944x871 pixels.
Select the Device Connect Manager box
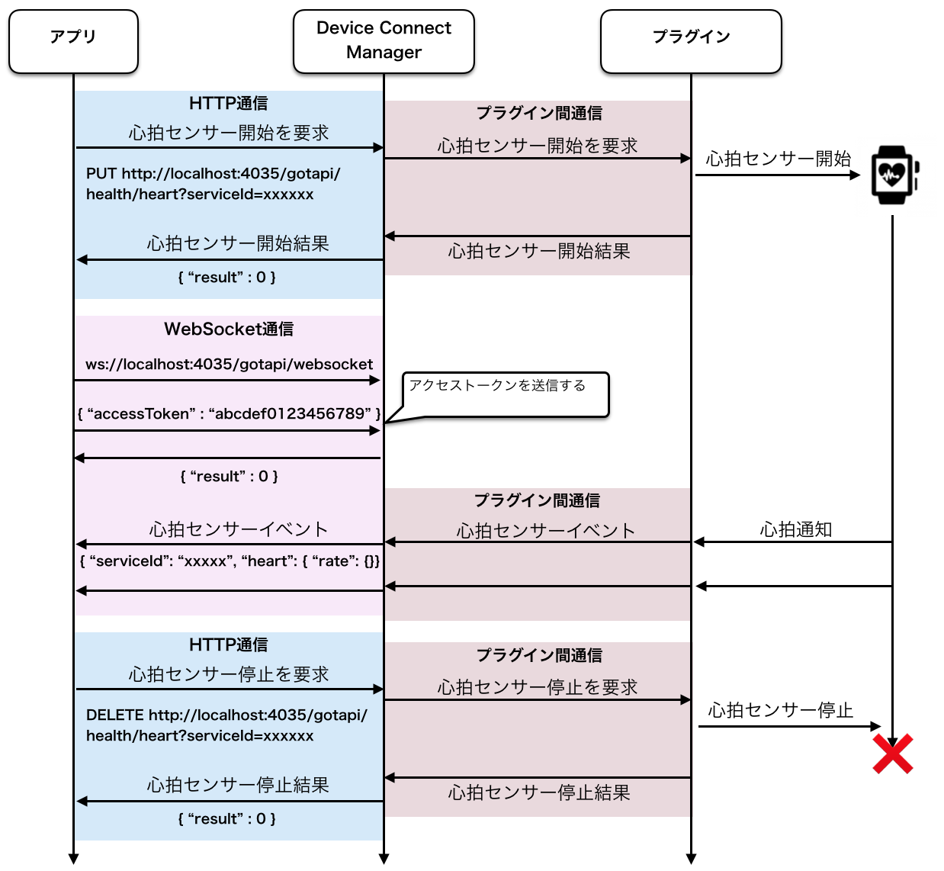pos(384,41)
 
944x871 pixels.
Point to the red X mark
pos(893,754)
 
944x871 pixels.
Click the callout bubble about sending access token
pos(506,394)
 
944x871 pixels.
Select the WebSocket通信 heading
pos(229,329)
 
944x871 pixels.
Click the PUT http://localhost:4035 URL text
pos(213,184)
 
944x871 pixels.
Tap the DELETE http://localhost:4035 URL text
pos(226,725)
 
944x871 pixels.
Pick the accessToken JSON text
pos(229,414)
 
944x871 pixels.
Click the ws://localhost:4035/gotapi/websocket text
pos(229,365)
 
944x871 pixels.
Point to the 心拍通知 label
pos(795,529)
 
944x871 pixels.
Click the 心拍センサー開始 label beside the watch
pos(778,159)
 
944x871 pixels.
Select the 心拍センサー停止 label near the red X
pos(780,711)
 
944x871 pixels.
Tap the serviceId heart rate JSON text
pos(230,561)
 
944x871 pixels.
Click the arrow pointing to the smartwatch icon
pos(777,175)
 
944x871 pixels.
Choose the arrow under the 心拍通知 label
pos(792,542)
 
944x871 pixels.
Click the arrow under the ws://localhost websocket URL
pos(227,380)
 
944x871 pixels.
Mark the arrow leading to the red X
pos(789,726)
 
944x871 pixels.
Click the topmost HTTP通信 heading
pos(228,103)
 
